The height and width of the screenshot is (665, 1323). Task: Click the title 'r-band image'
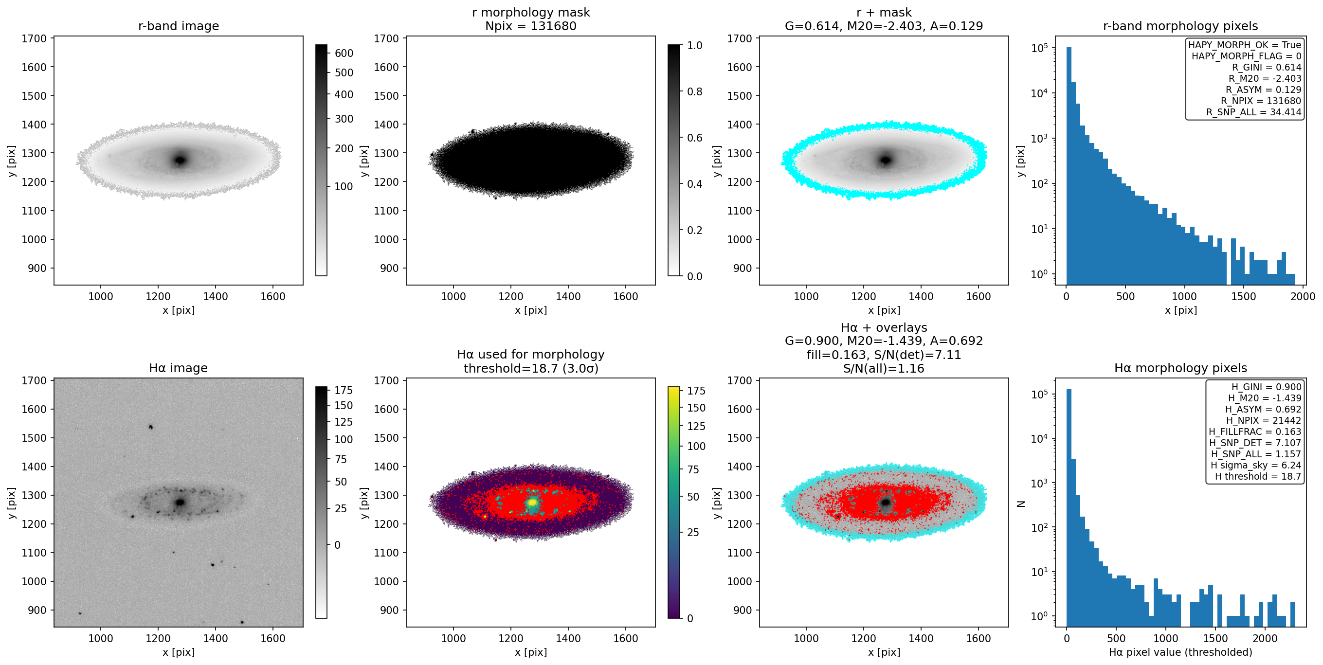click(x=178, y=26)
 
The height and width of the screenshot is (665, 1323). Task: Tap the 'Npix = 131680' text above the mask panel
click(x=530, y=26)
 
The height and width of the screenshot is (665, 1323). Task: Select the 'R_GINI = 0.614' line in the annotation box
click(x=1267, y=67)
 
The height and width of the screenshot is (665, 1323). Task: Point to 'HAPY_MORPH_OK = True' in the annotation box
click(x=1245, y=45)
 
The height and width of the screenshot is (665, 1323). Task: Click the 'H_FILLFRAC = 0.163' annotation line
click(x=1255, y=431)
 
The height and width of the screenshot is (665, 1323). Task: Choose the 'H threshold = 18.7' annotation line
click(x=1258, y=476)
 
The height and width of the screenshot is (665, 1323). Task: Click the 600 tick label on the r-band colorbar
click(x=344, y=53)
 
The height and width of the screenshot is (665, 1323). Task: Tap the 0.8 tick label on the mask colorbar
click(x=695, y=91)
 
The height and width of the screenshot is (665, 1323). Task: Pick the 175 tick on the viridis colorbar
click(x=696, y=391)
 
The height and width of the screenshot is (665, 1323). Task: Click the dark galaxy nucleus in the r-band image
click(x=180, y=160)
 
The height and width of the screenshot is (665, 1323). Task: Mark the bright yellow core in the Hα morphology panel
click(x=533, y=502)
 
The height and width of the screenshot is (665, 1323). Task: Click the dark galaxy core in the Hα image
click(x=180, y=502)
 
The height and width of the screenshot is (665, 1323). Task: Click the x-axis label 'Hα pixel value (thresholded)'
click(x=1180, y=652)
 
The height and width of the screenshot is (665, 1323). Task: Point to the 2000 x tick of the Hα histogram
click(x=1265, y=638)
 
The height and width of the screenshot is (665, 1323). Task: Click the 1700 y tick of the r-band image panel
click(x=34, y=38)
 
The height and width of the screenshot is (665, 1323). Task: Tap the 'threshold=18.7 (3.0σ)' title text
click(x=530, y=368)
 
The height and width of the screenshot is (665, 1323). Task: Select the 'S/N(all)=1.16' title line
click(x=883, y=368)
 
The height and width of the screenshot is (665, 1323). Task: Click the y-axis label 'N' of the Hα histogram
click(x=1021, y=504)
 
